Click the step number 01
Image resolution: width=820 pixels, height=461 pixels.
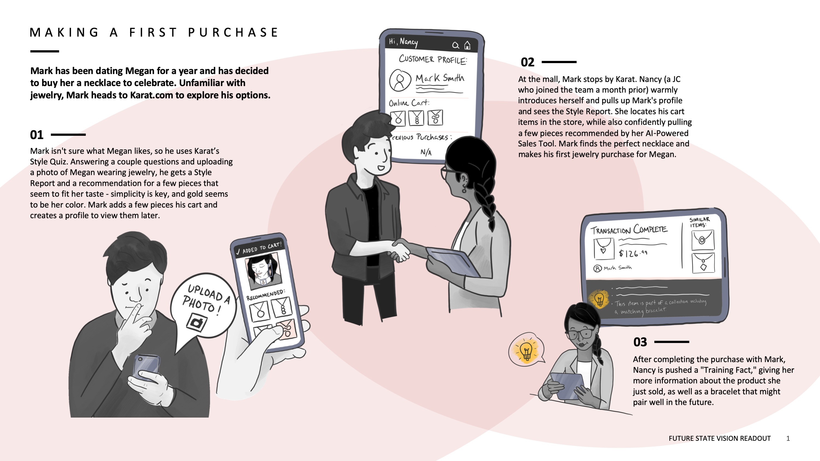pyautogui.click(x=37, y=135)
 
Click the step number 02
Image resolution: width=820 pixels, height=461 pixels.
pyautogui.click(x=527, y=62)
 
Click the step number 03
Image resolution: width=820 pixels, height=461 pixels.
pyautogui.click(x=640, y=342)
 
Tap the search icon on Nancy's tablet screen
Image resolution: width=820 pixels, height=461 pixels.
pyautogui.click(x=456, y=45)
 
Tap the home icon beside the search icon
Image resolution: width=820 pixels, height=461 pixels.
pyautogui.click(x=467, y=45)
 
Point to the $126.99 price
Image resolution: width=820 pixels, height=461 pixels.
pyautogui.click(x=633, y=253)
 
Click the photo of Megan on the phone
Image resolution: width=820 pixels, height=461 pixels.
pyautogui.click(x=263, y=271)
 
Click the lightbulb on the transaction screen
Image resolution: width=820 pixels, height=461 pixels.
pyautogui.click(x=600, y=299)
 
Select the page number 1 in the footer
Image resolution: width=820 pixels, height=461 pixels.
pyautogui.click(x=788, y=438)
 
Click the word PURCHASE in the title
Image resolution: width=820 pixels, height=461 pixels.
pyautogui.click(x=233, y=33)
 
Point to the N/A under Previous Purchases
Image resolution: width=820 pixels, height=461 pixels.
pyautogui.click(x=426, y=152)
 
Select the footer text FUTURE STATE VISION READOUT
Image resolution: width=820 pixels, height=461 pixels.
pyautogui.click(x=720, y=438)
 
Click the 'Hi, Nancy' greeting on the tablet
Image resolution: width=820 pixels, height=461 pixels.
pyautogui.click(x=403, y=42)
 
